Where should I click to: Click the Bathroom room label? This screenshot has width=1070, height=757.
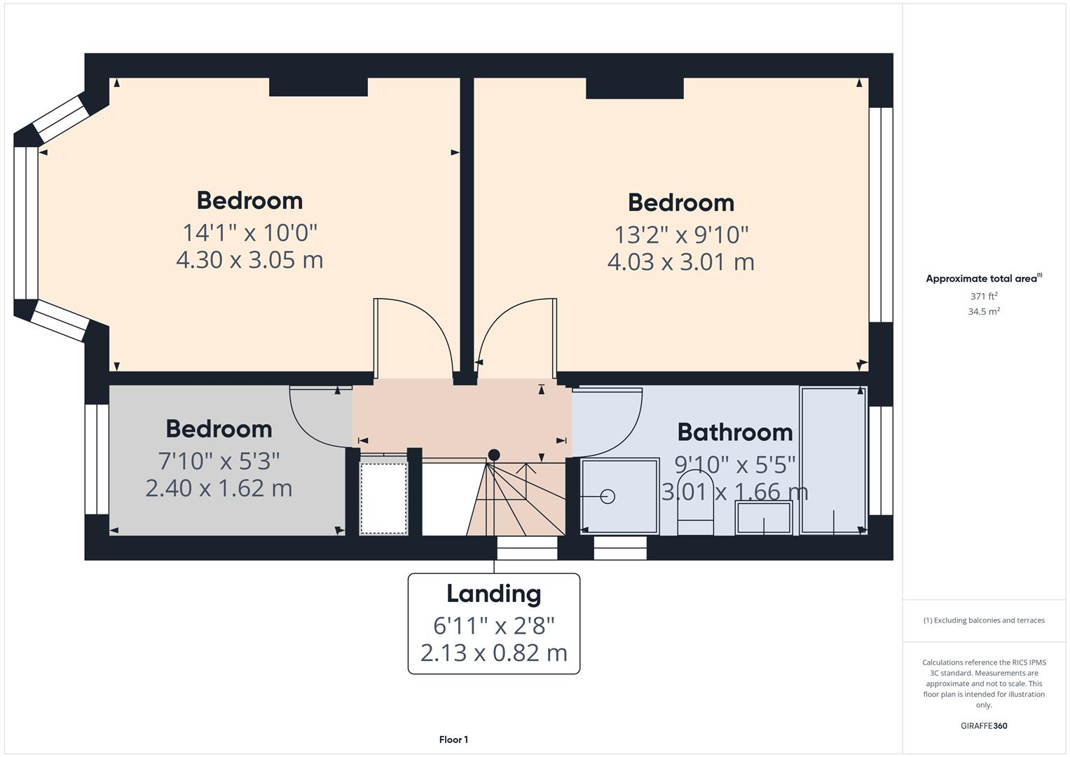tap(735, 432)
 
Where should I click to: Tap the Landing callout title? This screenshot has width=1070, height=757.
tap(494, 594)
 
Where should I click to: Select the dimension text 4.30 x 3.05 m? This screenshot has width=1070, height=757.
tap(249, 260)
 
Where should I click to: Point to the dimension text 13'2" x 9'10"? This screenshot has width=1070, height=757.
tap(681, 234)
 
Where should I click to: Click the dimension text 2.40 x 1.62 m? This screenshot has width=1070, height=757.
tap(219, 488)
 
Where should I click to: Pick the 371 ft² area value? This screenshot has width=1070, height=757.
tap(984, 296)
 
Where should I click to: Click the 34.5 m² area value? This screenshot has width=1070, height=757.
tap(984, 312)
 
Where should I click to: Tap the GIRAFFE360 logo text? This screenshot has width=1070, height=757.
tap(984, 726)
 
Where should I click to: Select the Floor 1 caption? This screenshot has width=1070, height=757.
tap(453, 739)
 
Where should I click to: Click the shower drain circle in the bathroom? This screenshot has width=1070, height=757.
tap(608, 496)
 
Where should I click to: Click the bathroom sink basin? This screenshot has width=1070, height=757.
tap(764, 519)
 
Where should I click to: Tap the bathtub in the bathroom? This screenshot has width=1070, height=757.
tap(834, 461)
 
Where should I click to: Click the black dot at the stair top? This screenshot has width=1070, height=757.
tap(494, 455)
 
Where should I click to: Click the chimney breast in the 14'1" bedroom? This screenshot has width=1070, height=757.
tap(318, 87)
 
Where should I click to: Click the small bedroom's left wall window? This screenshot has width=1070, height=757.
tap(97, 459)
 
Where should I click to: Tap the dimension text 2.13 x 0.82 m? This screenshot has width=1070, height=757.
tap(494, 653)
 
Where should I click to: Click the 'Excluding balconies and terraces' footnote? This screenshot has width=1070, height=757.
tap(984, 620)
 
